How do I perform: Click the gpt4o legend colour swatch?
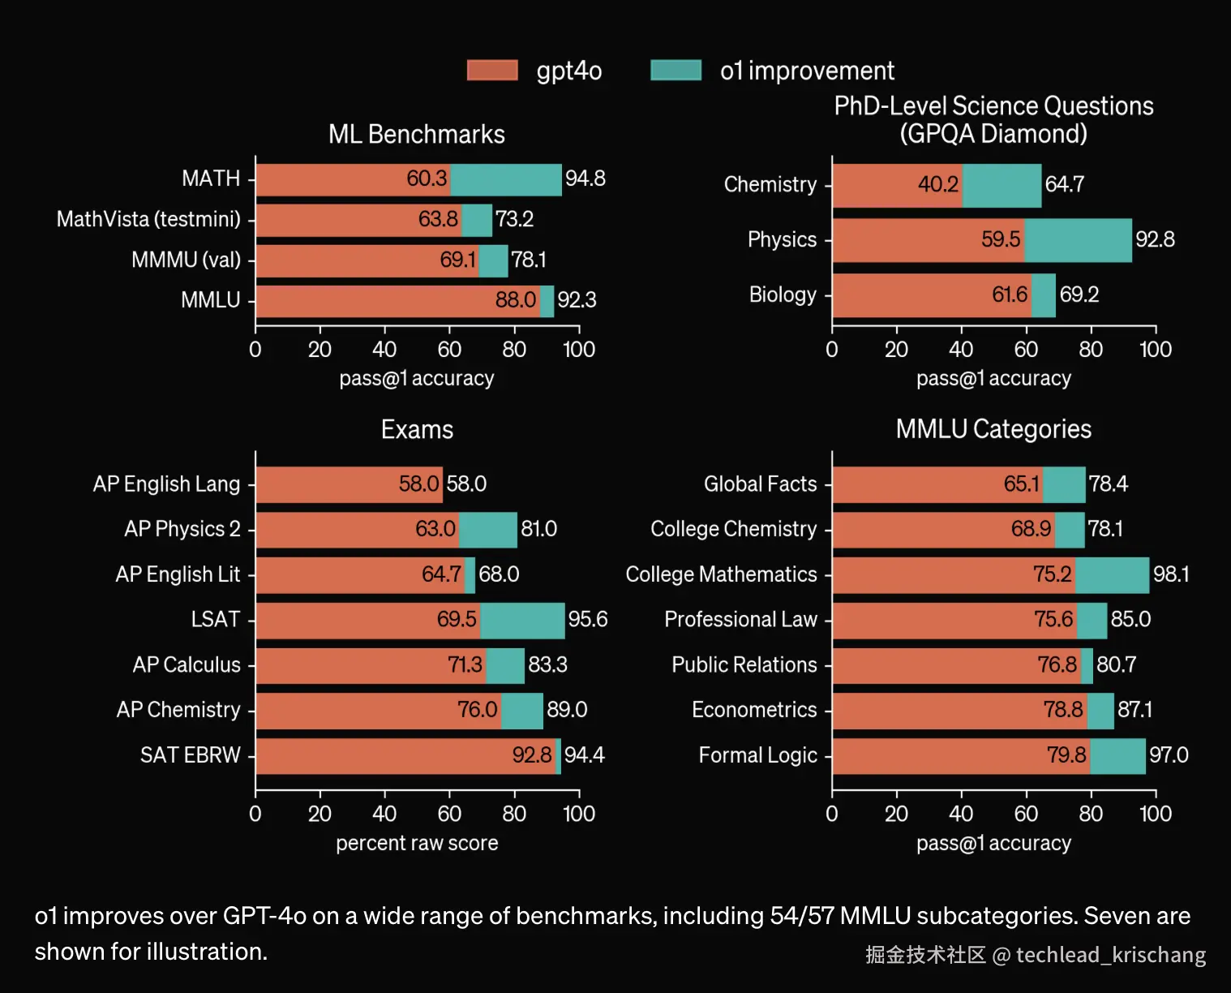point(492,71)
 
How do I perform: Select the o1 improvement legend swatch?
point(676,71)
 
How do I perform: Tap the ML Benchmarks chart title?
point(416,134)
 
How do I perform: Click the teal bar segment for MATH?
point(505,179)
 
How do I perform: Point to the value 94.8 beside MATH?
point(585,178)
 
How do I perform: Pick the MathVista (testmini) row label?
point(148,219)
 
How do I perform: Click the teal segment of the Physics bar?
point(1078,240)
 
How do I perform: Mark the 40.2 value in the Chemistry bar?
point(937,185)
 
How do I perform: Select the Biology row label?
point(783,294)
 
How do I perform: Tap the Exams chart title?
point(417,429)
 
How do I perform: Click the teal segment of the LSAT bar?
point(522,620)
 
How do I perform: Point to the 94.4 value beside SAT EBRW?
point(584,755)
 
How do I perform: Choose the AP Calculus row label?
point(187,665)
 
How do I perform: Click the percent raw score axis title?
point(417,844)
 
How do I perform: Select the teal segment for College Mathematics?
point(1112,574)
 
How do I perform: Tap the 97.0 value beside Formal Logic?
point(1168,755)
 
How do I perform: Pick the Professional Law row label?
point(740,620)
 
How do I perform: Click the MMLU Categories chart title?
point(993,429)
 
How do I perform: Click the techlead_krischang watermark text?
point(1110,955)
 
